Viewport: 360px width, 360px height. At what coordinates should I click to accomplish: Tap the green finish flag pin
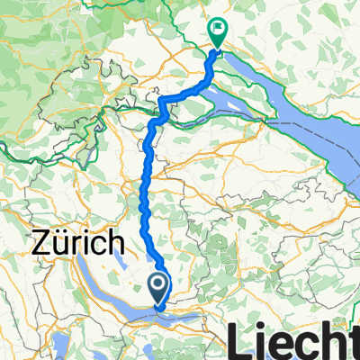coord(218,31)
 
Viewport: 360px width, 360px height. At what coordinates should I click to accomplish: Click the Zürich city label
coord(78,242)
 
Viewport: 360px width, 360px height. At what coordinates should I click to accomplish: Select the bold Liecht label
coord(297,342)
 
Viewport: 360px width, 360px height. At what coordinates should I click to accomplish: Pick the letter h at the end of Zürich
coord(113,242)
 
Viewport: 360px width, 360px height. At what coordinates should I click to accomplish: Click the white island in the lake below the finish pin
coord(247,91)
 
